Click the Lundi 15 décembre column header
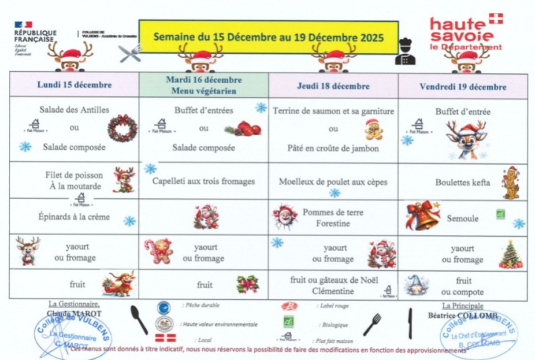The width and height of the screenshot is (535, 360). [74, 85]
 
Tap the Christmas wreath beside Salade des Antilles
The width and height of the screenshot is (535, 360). [122, 128]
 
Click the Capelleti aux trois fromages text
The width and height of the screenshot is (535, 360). [203, 181]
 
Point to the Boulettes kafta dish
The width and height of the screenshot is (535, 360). [462, 183]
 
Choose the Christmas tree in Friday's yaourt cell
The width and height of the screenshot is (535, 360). [510, 255]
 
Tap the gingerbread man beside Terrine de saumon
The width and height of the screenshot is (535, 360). [373, 129]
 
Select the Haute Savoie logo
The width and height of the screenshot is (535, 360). [466, 32]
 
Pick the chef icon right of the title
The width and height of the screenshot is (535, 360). [406, 52]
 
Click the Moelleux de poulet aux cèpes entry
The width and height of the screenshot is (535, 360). [333, 182]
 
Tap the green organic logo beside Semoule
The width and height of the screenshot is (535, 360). [500, 216]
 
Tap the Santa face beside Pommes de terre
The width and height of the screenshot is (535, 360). [284, 217]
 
